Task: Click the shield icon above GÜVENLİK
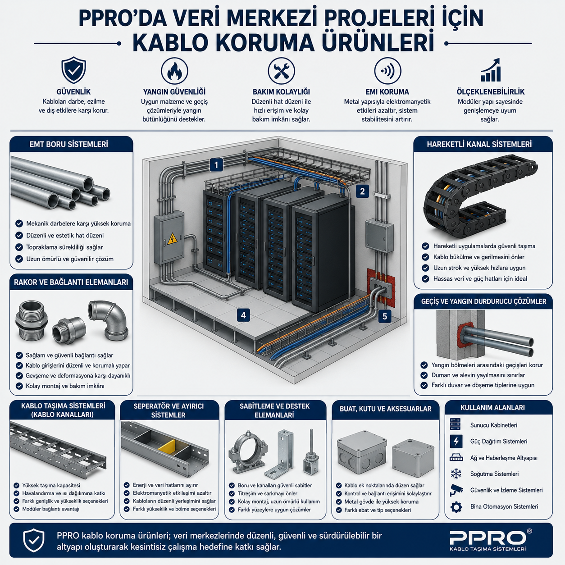pos(73,70)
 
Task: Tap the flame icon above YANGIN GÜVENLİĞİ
pos(174,71)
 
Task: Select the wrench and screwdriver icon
pos(281,71)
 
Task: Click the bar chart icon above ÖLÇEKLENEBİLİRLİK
pos(490,70)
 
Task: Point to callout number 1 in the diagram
pos(216,165)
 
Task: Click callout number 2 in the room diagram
pos(362,191)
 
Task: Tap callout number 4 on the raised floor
pos(243,315)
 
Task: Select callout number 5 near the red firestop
pos(385,316)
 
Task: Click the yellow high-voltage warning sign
pos(173,239)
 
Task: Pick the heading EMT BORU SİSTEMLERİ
pos(69,144)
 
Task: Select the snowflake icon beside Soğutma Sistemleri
pos(456,474)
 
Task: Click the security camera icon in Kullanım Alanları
pos(456,490)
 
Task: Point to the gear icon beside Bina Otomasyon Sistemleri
pos(456,507)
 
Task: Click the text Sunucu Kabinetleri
pos(494,425)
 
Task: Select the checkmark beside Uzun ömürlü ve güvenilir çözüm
pos(19,259)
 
